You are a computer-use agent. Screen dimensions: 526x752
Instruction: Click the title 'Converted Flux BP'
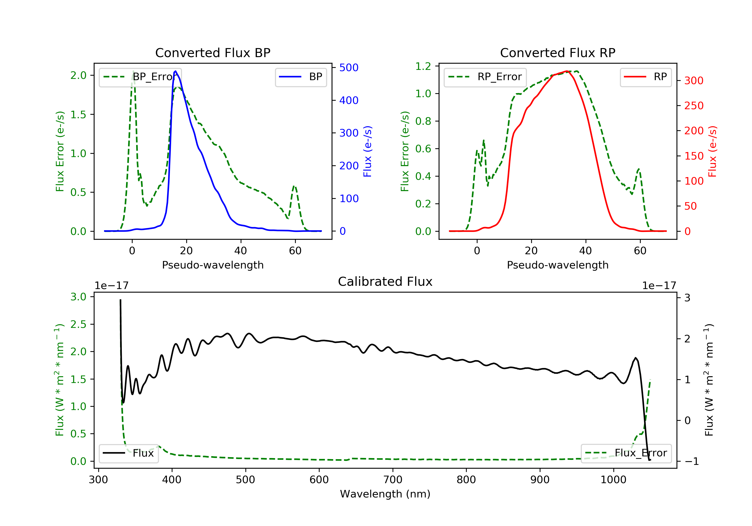point(213,53)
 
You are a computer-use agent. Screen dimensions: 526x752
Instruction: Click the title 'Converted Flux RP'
point(557,53)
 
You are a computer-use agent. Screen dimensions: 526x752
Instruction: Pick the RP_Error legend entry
point(485,77)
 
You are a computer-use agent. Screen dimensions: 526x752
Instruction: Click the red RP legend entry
point(645,77)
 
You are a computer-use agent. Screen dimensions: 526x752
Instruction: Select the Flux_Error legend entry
point(626,453)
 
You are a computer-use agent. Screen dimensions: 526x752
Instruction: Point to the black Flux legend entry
point(128,453)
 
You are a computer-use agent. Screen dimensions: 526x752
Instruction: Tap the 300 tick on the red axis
point(694,80)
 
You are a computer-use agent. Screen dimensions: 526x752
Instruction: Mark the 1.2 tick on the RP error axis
point(423,66)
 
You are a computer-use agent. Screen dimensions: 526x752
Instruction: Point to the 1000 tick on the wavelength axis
point(613,480)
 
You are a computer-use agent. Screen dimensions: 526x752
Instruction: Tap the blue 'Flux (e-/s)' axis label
point(367,151)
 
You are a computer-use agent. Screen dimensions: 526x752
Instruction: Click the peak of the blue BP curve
point(175,71)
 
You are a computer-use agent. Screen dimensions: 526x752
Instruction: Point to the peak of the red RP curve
point(567,71)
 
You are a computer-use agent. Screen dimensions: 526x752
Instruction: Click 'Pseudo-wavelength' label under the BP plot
point(213,265)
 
